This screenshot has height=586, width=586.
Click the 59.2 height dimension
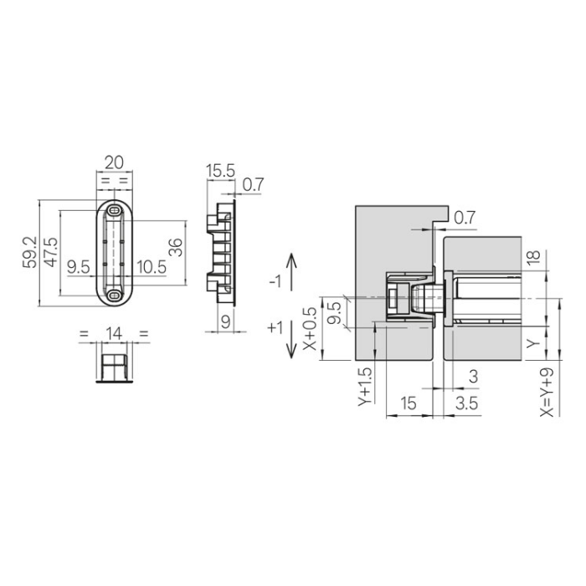coord(30,252)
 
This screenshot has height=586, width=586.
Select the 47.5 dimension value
coord(51,252)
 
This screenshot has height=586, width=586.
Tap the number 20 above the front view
coord(114,163)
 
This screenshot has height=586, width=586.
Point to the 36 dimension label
coord(175,247)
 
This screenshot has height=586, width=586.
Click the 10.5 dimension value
coord(152,267)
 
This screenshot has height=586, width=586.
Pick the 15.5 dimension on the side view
coord(220,171)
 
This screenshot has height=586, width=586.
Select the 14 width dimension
coord(114,333)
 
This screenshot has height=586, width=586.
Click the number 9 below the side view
coord(225,322)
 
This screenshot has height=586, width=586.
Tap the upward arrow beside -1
coord(291,272)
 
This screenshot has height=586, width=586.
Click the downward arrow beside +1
coord(291,339)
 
